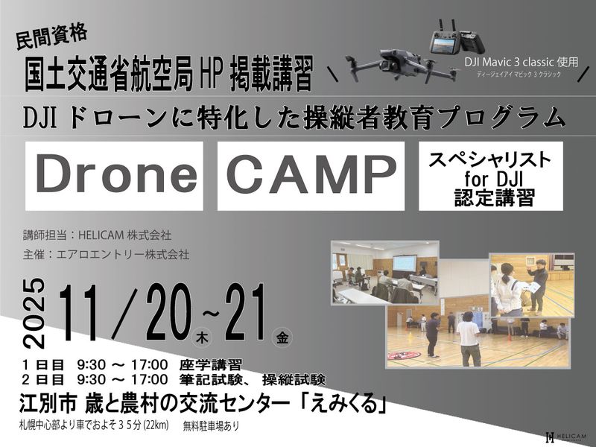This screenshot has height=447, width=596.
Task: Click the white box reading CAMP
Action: click(311, 176)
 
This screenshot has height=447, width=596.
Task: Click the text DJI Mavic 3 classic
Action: click(520, 63)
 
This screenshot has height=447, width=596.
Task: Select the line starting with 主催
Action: click(106, 254)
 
